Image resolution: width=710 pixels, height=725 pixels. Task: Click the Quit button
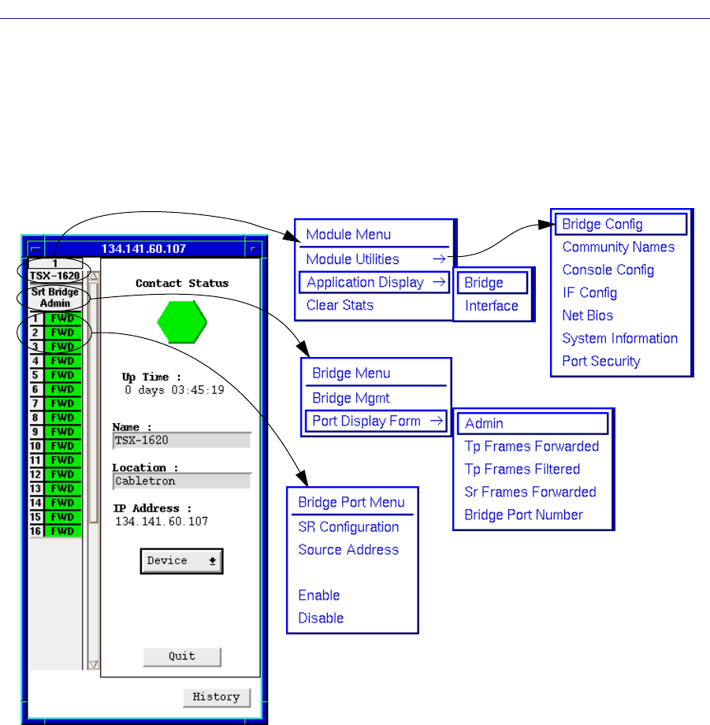(x=182, y=656)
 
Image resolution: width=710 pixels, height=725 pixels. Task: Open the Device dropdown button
(x=182, y=561)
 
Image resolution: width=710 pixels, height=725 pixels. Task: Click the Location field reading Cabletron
(x=181, y=481)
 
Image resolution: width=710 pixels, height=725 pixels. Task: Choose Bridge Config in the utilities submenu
(x=620, y=224)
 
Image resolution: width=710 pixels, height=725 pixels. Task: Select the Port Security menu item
(x=600, y=361)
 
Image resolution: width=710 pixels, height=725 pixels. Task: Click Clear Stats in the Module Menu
(x=340, y=305)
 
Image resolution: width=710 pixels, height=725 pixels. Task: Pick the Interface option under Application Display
(x=490, y=306)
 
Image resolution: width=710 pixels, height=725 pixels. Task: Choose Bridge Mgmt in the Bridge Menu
(x=351, y=398)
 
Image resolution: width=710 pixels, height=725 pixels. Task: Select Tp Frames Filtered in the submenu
(x=522, y=469)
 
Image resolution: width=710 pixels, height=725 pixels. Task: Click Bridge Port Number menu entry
(x=523, y=515)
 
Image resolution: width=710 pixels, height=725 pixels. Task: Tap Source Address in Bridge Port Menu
(x=348, y=549)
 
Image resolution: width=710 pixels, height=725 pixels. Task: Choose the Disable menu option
(x=321, y=618)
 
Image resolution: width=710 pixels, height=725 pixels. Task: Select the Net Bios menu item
(x=587, y=315)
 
